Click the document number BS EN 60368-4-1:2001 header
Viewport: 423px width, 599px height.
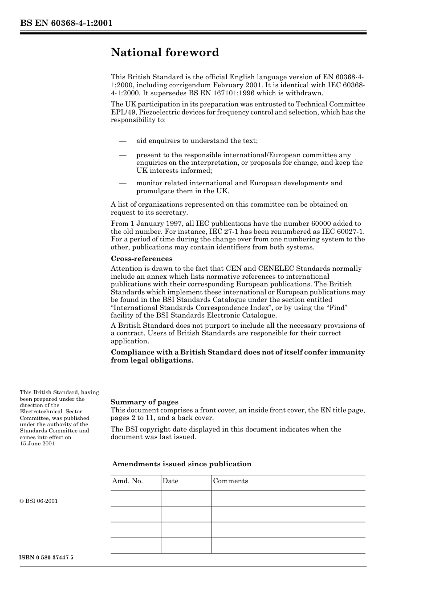point(66,23)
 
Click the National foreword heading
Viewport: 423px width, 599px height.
point(165,53)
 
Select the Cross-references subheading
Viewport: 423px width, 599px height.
point(141,259)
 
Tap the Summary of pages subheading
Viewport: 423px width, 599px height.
point(144,402)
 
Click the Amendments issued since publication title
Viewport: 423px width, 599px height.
point(182,464)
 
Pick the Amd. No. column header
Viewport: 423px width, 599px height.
point(127,481)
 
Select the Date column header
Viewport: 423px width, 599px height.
point(170,481)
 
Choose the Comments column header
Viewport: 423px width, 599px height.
point(230,481)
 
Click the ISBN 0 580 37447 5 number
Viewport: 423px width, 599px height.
point(47,558)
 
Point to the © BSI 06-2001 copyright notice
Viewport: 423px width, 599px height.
point(39,501)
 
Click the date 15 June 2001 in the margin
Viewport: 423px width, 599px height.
point(37,444)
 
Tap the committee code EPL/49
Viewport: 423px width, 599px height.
point(121,112)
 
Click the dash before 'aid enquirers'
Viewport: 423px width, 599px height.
point(123,141)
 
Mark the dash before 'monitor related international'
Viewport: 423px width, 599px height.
point(123,183)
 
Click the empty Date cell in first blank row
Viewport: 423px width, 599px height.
point(186,498)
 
